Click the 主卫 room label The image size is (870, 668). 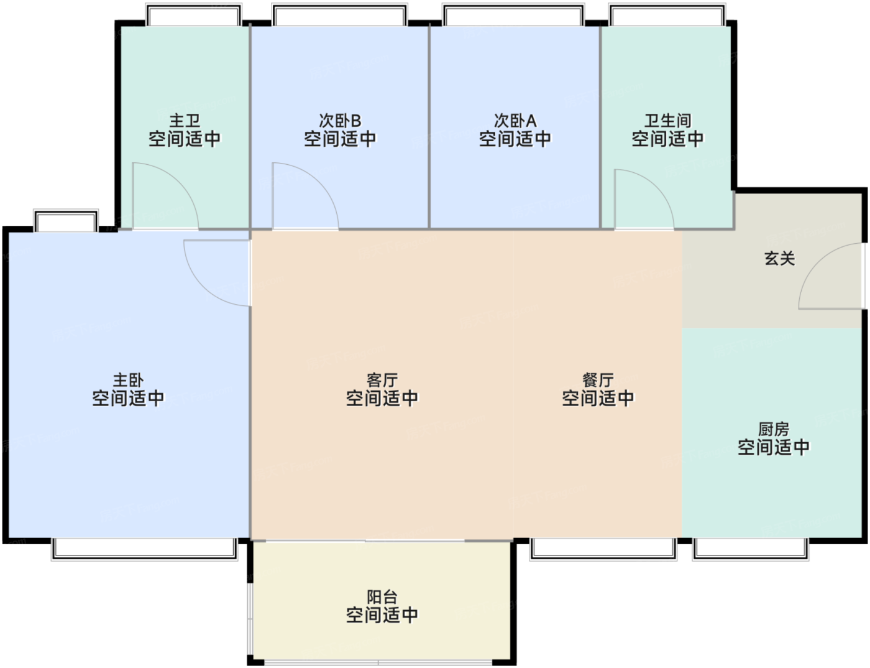(x=185, y=120)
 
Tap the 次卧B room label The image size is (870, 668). (x=340, y=120)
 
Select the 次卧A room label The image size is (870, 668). (x=515, y=120)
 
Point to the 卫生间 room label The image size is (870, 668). (x=667, y=120)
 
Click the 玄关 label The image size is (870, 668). (x=779, y=259)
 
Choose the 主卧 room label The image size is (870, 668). (x=128, y=379)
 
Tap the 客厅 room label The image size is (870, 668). (x=382, y=379)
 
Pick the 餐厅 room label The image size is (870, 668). (x=598, y=379)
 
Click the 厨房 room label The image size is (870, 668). (x=774, y=429)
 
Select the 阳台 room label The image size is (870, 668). (x=382, y=597)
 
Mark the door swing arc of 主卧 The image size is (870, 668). (x=203, y=287)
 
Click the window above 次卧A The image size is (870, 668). (x=513, y=14)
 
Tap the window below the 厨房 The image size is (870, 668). (x=751, y=549)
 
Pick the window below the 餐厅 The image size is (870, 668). (x=604, y=549)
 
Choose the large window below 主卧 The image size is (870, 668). (x=144, y=549)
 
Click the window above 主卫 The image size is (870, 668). (x=194, y=14)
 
